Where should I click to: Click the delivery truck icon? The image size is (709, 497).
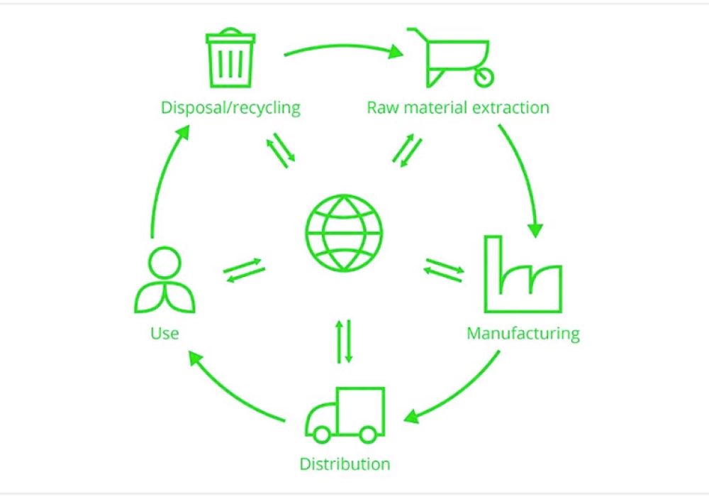pos(345,415)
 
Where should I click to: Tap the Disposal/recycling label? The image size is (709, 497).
pos(231,108)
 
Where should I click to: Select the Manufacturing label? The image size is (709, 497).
pos(523,333)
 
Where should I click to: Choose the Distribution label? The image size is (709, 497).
pos(345,464)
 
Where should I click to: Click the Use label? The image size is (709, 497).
pos(164,333)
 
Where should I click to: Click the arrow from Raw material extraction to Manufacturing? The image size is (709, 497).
pos(525,177)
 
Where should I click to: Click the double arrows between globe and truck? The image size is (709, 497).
pos(344,342)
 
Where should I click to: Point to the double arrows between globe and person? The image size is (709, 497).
pos(244,270)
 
